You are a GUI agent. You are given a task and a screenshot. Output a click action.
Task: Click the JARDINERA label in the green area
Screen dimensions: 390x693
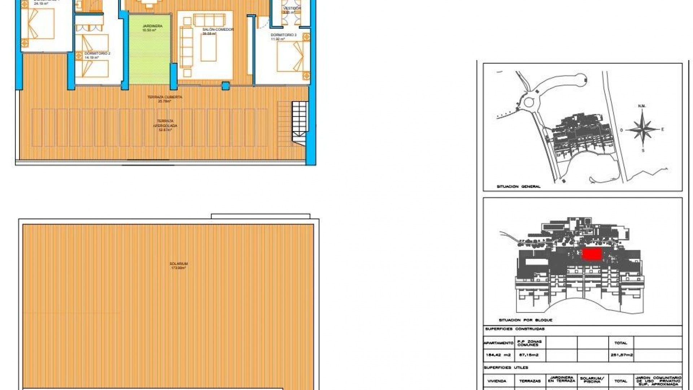(152, 26)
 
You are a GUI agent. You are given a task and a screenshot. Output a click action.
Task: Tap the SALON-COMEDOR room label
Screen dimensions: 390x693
(218, 30)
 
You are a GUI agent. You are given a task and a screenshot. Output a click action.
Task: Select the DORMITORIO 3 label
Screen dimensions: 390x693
(283, 35)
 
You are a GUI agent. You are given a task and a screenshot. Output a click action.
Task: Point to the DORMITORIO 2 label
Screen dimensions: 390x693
(97, 53)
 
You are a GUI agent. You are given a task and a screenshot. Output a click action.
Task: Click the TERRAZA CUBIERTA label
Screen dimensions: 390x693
(165, 97)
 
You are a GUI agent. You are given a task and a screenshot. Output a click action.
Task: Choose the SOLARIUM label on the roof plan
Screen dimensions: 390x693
(179, 264)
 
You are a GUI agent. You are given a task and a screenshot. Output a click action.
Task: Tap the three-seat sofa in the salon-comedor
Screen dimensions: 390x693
(209, 19)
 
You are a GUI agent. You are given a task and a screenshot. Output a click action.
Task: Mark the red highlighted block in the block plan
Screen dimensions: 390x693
(592, 254)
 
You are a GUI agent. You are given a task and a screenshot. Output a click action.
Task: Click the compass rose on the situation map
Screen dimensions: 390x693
(642, 129)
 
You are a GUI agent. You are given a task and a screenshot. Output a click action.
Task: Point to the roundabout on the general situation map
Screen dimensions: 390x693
(528, 102)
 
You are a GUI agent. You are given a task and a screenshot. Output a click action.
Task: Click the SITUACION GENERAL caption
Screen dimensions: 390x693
(518, 187)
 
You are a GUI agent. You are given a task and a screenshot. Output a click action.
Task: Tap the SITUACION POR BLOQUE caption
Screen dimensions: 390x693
(525, 320)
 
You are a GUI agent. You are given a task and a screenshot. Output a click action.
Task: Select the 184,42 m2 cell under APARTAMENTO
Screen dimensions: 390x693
(498, 355)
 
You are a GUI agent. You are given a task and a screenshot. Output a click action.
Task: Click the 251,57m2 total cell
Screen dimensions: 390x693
(621, 355)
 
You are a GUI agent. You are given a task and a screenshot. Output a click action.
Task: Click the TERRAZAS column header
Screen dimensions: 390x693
(529, 381)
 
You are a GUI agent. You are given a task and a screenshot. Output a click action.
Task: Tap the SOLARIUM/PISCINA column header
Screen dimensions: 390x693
(592, 380)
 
